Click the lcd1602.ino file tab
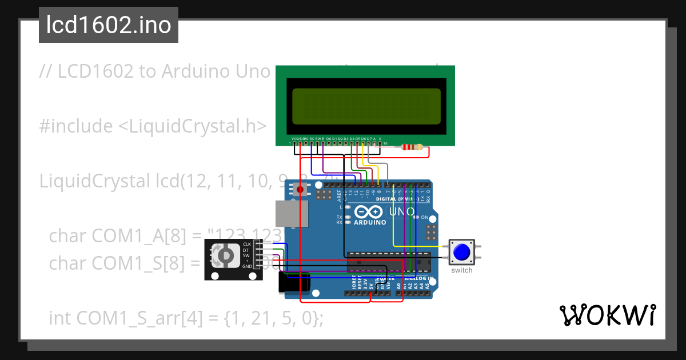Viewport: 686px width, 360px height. tap(108, 25)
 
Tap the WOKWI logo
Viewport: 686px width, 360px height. tap(607, 315)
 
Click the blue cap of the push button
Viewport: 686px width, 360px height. tap(461, 252)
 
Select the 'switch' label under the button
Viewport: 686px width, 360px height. tap(461, 270)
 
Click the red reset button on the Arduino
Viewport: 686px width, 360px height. tap(300, 189)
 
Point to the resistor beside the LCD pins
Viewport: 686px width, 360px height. tap(412, 147)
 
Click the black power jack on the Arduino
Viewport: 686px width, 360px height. tap(294, 283)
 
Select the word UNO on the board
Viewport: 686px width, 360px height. tap(401, 212)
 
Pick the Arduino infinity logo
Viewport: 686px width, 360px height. tap(369, 212)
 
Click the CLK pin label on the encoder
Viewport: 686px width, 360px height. tap(247, 244)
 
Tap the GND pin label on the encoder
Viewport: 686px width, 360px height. tap(247, 267)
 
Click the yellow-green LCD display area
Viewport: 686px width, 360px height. tap(366, 106)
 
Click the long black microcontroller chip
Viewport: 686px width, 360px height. tap(388, 262)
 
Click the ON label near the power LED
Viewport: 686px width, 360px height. tap(425, 218)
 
